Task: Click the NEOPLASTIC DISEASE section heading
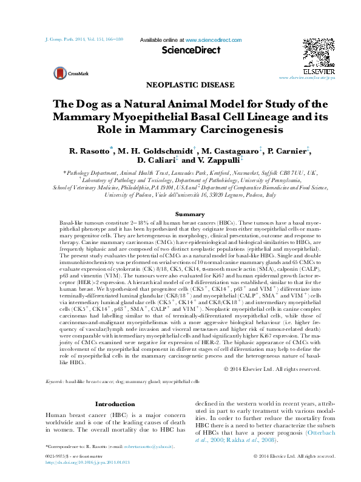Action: [180, 85]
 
